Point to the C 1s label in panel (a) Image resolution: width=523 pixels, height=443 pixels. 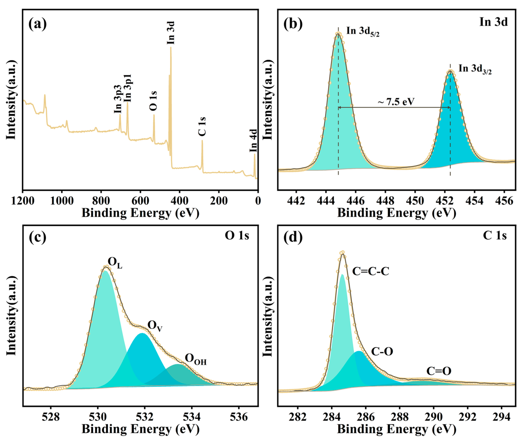[x=202, y=126]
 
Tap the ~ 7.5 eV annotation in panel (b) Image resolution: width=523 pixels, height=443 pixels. [x=396, y=102]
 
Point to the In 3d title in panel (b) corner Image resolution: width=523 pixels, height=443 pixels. [x=493, y=22]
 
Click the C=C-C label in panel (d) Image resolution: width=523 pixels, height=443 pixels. [x=371, y=271]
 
